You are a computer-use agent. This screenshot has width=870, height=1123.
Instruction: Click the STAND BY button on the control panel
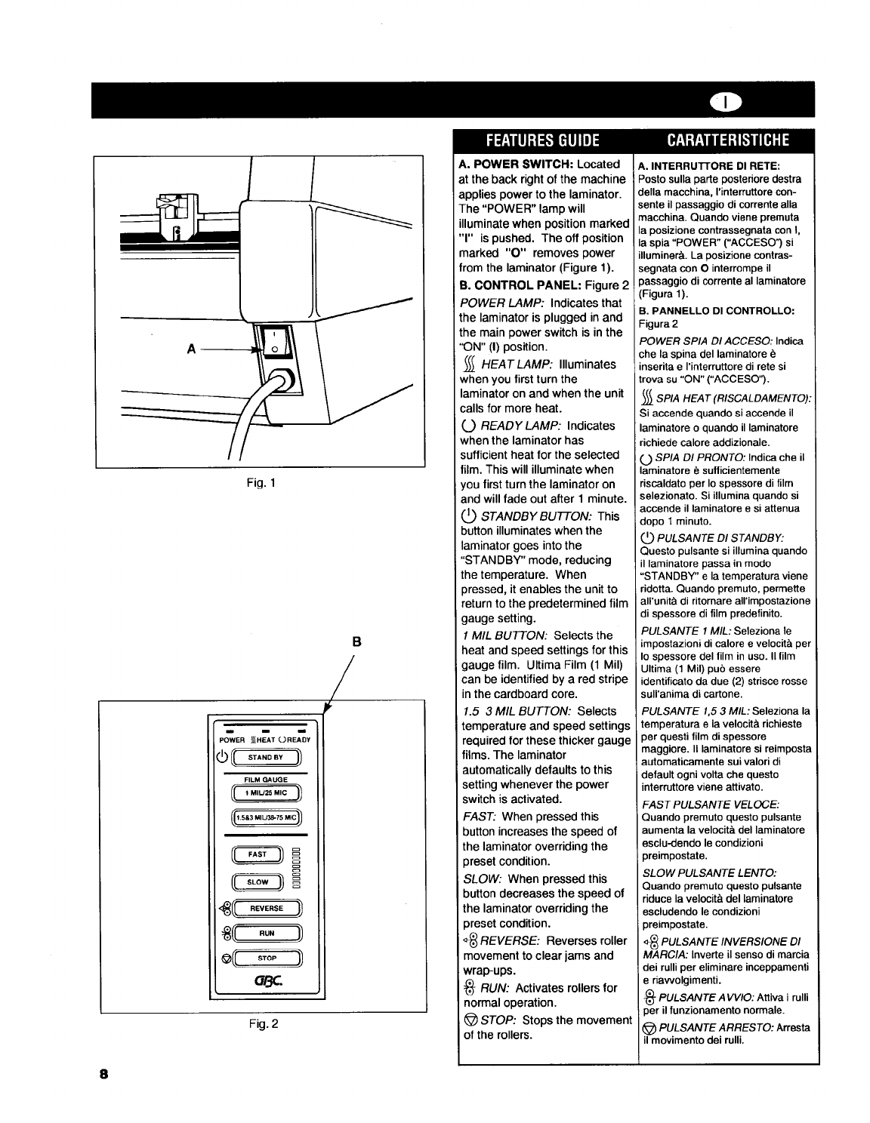267,757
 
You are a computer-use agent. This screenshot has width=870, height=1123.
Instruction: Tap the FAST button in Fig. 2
258,854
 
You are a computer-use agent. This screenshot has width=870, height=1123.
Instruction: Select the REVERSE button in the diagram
268,909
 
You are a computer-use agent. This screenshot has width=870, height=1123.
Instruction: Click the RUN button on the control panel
267,934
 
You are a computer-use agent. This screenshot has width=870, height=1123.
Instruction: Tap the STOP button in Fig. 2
267,958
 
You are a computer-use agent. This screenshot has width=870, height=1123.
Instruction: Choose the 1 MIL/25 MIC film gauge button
267,792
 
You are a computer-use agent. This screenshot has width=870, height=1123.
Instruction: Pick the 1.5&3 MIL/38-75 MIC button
267,818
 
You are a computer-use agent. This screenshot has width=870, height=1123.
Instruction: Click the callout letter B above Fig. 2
357,643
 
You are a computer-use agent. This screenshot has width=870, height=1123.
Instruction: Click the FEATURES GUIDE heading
542,140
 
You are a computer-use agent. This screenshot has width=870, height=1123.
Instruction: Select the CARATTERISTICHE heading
728,140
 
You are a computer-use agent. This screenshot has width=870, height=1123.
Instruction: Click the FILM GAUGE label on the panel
261,780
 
